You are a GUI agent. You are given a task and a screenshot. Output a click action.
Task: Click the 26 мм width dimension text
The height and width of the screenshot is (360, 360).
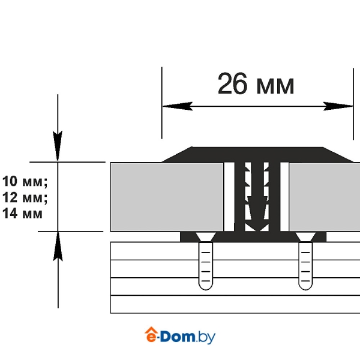tap(256, 83)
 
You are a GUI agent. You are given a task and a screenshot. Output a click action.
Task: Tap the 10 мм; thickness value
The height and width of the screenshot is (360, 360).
tap(25, 181)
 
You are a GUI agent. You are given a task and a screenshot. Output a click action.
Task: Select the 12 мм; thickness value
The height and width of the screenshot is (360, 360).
tap(25, 197)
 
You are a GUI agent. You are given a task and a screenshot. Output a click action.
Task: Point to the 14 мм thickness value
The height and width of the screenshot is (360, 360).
tap(23, 213)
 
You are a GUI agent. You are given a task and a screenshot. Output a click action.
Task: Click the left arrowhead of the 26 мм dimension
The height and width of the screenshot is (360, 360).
tap(178, 106)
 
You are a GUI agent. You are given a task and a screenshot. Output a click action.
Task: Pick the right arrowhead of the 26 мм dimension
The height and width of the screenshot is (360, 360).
tap(338, 106)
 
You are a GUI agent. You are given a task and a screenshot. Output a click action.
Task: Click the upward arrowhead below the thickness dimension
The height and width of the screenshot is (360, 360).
tap(58, 247)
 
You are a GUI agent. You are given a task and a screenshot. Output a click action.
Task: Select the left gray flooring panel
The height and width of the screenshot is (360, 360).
tap(167, 197)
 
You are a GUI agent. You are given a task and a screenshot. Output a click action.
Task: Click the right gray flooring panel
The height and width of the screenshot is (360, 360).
tap(325, 197)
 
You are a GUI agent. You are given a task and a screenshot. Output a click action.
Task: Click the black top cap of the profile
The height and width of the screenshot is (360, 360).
tap(257, 155)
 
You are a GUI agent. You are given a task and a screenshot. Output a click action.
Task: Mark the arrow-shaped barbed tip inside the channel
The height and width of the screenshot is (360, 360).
tap(257, 214)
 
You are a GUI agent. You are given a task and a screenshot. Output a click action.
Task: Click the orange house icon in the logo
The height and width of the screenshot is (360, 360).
tap(151, 334)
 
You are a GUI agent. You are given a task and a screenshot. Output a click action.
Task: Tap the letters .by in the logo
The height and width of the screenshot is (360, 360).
tap(206, 337)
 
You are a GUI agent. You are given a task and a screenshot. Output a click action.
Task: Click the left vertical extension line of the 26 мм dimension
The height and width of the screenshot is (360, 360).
tap(162, 103)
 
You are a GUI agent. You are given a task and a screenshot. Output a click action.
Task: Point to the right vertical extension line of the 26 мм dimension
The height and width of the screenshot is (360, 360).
tap(353, 104)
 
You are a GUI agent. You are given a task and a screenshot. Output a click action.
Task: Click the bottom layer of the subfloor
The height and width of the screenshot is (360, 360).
tap(235, 304)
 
